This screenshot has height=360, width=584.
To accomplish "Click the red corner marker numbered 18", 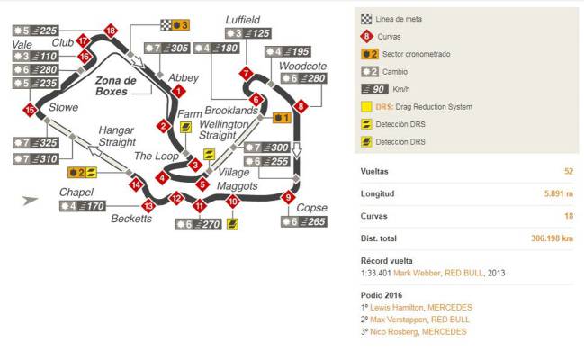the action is coord(111,31).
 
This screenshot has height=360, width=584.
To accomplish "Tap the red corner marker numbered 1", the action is coord(179,91).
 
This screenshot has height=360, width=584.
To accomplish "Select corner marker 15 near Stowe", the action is coord(30,110).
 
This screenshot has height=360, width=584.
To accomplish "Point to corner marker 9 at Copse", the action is coord(288,196).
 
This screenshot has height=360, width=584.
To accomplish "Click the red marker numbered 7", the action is coord(246,73).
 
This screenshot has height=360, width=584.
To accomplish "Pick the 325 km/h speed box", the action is coord(36,143).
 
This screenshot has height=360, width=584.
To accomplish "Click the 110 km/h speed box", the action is coord(36,57).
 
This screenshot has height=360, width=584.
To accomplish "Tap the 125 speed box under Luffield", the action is coord(248,33).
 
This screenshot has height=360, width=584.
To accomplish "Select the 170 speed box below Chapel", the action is coord(83,206).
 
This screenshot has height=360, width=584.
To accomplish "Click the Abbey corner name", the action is coord(184,77).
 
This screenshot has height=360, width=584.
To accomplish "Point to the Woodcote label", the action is coord(303,66).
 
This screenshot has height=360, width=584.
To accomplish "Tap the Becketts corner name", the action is coord(131,219).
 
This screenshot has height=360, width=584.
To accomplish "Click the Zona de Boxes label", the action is coord(115,86).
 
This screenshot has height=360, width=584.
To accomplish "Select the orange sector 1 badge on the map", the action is coord(282,118).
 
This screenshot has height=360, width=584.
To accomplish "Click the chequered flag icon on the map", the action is coord(166,25).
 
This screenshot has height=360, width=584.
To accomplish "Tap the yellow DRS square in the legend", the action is coord(366,107).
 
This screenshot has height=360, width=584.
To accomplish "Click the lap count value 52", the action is coord(569,171).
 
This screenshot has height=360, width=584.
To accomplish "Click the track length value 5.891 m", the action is coord(559,193).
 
